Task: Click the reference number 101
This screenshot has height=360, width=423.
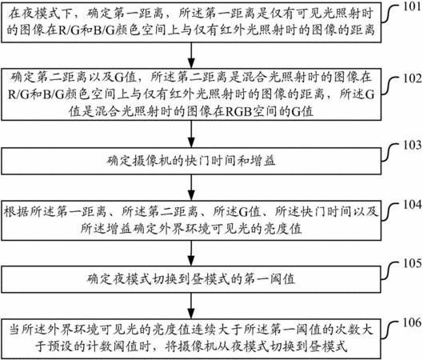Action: tap(412, 6)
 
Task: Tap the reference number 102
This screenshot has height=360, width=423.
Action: tap(412, 78)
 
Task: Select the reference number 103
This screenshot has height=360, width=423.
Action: tap(412, 145)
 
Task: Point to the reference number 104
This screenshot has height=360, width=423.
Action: tap(412, 204)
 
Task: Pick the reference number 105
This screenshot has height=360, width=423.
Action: tap(412, 263)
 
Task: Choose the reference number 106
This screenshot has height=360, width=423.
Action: tap(412, 322)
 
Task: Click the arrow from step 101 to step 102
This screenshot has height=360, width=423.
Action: tap(191, 55)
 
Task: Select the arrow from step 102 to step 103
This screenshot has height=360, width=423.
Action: tap(191, 134)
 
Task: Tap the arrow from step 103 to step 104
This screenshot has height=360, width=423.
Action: tap(191, 187)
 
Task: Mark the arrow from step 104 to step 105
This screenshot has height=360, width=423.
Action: tap(191, 253)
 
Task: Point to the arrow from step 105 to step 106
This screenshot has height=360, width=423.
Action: tap(191, 306)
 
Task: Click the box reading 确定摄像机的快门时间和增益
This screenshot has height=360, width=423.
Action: tap(191, 161)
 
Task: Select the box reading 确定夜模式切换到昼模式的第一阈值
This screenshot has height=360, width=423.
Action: tap(191, 279)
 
